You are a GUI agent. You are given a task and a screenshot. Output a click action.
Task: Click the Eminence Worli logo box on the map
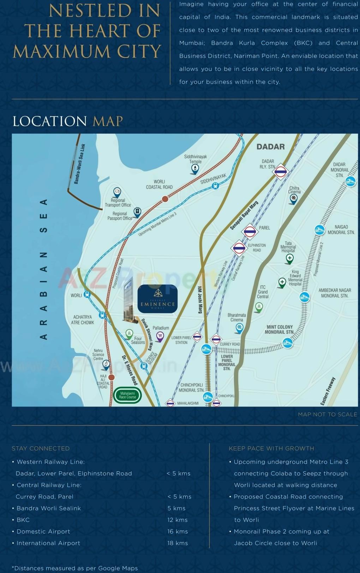[157, 299]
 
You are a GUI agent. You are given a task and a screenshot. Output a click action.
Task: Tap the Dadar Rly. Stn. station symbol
[281, 172]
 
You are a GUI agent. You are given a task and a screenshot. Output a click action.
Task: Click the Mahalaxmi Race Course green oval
[127, 395]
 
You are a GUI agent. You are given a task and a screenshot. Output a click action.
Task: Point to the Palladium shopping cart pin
[160, 336]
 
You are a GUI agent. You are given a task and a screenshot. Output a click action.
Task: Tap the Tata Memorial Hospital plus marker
[289, 259]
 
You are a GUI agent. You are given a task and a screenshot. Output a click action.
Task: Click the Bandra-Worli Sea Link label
[79, 164]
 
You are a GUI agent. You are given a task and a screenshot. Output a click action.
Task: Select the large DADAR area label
[270, 147]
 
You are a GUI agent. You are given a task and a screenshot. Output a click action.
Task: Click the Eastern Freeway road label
[328, 391]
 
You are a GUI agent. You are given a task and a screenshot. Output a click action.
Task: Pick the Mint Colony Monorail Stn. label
[279, 330]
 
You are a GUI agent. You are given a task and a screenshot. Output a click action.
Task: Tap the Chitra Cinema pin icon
[293, 199]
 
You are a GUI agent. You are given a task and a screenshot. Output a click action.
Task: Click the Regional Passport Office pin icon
[137, 212]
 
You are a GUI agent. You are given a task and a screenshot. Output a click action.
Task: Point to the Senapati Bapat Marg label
[244, 215]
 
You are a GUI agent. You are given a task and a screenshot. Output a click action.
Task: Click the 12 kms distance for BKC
[178, 520]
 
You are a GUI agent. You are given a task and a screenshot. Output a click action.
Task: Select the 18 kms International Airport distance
[178, 543]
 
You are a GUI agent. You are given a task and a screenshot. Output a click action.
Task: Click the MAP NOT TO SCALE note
[327, 414]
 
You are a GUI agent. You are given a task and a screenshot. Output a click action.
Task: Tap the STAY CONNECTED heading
[41, 448]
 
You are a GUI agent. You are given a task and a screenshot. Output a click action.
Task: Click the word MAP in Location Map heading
[108, 121]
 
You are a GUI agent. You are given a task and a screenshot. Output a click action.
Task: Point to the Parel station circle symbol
[250, 232]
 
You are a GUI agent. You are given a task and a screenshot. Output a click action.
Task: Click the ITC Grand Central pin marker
[259, 307]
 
